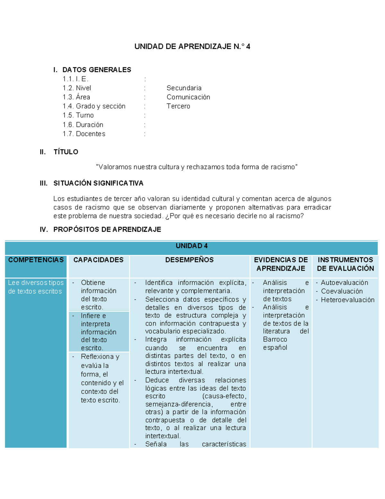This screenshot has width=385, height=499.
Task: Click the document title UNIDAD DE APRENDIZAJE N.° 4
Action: coord(192,47)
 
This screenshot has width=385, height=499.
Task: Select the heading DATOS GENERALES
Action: coord(97,70)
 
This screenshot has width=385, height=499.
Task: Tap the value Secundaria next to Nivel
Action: coord(184,88)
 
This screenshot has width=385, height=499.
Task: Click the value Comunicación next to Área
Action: coord(188,97)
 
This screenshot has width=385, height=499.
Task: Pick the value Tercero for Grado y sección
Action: coord(178,106)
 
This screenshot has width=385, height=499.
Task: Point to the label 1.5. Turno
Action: coord(78,115)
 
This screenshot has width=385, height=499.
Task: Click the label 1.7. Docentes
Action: coord(84,134)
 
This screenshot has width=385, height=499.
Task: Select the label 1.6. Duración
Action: coord(83,125)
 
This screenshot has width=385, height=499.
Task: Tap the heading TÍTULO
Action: coord(66,152)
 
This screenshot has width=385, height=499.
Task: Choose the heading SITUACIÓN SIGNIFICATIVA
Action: coord(98,183)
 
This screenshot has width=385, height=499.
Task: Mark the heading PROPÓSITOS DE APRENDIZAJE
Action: coord(107,229)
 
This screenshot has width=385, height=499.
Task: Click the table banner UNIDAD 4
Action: coord(192,246)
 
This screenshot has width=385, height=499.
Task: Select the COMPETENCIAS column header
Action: coord(36,260)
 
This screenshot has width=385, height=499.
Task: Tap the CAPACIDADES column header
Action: coord(98,260)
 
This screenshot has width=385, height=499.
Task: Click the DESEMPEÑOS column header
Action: coord(189,260)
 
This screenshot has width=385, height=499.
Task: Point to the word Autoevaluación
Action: coord(344,283)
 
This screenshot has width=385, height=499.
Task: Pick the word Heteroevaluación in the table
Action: coord(347,300)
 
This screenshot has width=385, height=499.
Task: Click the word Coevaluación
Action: coord(342,291)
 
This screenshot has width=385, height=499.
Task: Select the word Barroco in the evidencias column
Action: coord(275,340)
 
